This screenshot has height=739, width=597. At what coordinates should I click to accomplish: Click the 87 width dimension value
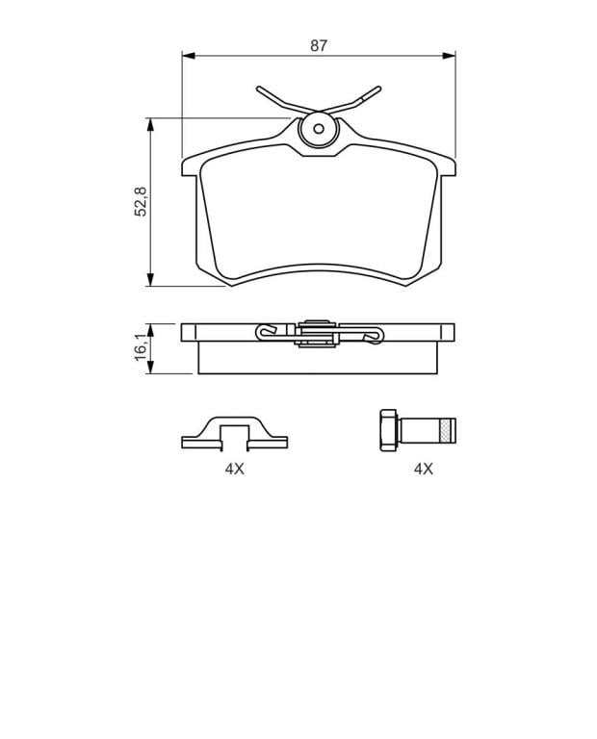tap(319, 46)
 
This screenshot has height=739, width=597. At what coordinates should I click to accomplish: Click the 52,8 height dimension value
tap(141, 202)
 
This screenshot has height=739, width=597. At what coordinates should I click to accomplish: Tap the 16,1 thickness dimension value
tap(141, 347)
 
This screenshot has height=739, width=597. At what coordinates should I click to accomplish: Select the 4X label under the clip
tap(234, 469)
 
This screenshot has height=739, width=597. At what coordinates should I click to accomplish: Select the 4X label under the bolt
tap(423, 469)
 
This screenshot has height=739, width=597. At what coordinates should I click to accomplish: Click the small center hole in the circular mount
tap(319, 129)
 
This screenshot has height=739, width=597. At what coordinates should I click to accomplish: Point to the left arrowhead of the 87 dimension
tap(189, 56)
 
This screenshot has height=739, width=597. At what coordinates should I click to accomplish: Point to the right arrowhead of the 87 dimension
tap(449, 56)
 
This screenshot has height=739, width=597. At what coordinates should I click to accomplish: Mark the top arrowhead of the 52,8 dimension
tap(150, 124)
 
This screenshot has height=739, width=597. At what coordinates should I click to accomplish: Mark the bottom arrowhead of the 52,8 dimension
tap(150, 279)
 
